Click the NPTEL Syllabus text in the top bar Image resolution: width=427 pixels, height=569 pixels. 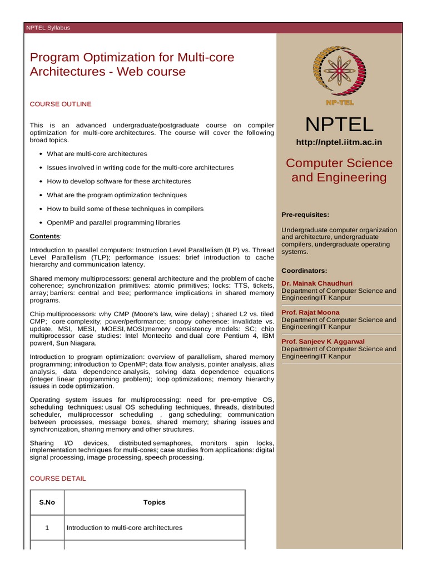click(x=48, y=28)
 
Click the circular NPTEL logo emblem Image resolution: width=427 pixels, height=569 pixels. click(x=339, y=71)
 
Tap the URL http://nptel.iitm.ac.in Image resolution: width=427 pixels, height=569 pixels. click(x=339, y=142)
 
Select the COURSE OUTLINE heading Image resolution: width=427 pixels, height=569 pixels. click(x=61, y=104)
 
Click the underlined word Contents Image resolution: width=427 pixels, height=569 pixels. click(x=44, y=236)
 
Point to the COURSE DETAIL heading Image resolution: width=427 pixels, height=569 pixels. click(x=58, y=478)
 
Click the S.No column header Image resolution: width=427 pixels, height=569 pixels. click(x=47, y=502)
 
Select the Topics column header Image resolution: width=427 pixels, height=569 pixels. click(x=155, y=502)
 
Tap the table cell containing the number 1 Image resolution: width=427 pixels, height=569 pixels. click(x=47, y=528)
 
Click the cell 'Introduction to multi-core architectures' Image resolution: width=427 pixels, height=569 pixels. click(x=124, y=528)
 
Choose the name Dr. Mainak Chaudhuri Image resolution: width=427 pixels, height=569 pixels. click(x=317, y=283)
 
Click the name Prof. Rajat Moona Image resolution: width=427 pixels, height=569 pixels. click(x=310, y=312)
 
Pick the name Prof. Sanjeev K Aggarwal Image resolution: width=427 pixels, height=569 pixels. click(x=324, y=341)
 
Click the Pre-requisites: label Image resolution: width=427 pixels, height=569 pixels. click(x=305, y=214)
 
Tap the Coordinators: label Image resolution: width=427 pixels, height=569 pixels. click(x=304, y=271)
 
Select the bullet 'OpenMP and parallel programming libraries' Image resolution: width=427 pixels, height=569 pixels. click(x=113, y=223)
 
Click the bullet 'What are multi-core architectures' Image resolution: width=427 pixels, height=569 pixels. click(x=97, y=154)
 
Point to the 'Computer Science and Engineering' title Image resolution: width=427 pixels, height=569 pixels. click(x=339, y=170)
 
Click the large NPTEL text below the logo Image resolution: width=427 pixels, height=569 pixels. click(x=339, y=124)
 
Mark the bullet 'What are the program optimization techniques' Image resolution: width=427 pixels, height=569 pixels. click(x=117, y=195)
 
